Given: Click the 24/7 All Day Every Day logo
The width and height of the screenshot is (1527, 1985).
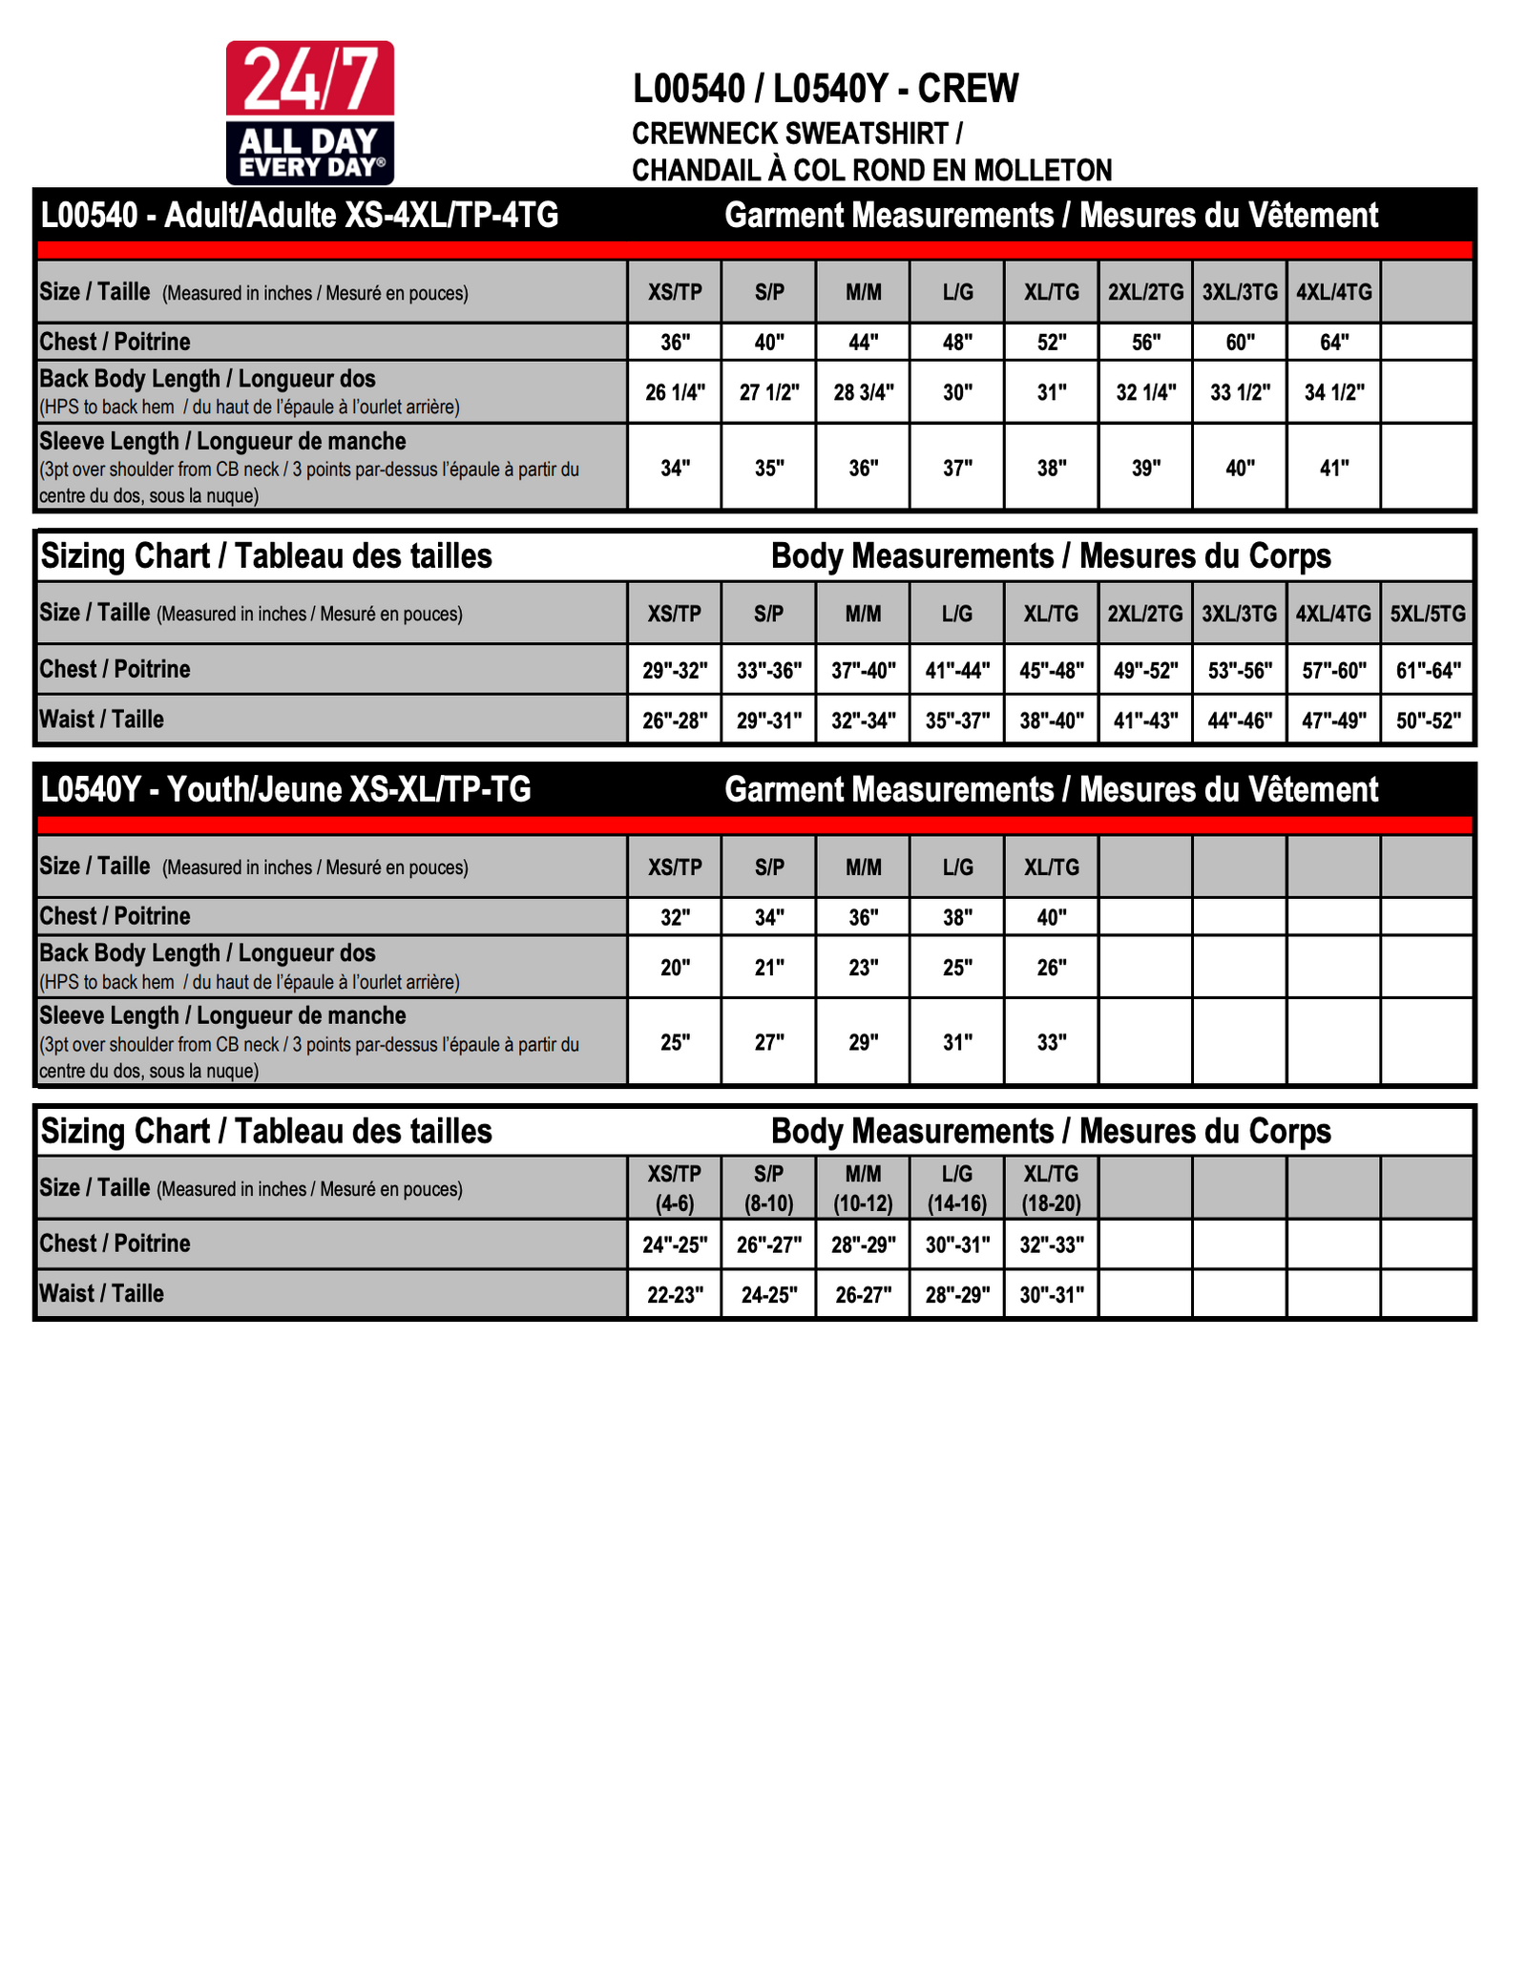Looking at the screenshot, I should pyautogui.click(x=309, y=113).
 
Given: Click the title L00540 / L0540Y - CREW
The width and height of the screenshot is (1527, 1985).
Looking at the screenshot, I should pyautogui.click(x=826, y=89).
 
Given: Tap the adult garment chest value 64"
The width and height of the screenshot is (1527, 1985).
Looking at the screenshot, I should pyautogui.click(x=1333, y=342).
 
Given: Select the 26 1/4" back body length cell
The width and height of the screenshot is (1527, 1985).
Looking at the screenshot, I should pyautogui.click(x=675, y=392).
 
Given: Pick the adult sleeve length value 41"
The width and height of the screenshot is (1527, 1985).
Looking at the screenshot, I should pyautogui.click(x=1333, y=468).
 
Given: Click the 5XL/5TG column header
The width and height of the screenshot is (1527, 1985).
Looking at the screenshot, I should pyautogui.click(x=1427, y=614).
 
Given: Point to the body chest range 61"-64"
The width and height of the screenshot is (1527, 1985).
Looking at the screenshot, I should pyautogui.click(x=1428, y=670).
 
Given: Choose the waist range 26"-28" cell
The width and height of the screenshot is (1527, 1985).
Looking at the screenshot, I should pyautogui.click(x=675, y=721).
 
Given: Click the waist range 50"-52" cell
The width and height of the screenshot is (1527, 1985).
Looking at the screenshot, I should pyautogui.click(x=1428, y=721).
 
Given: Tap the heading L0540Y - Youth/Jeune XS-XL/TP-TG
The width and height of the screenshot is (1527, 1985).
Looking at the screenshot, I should pyautogui.click(x=285, y=789).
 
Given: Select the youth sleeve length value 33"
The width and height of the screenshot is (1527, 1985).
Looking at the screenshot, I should pyautogui.click(x=1052, y=1042).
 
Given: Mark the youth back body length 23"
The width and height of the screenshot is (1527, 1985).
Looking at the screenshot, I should pyautogui.click(x=863, y=968).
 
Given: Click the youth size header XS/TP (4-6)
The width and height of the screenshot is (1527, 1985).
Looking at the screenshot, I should pyautogui.click(x=675, y=1188).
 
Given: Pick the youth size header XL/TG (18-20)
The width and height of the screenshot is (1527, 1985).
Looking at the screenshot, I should pyautogui.click(x=1052, y=1188).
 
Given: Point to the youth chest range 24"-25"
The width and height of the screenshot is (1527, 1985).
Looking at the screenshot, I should pyautogui.click(x=675, y=1244).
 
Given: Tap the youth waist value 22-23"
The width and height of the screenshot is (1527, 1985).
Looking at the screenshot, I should pyautogui.click(x=675, y=1295).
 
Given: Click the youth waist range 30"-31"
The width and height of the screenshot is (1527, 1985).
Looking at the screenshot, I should pyautogui.click(x=1052, y=1295).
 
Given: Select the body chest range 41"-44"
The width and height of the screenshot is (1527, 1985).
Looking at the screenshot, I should pyautogui.click(x=957, y=670).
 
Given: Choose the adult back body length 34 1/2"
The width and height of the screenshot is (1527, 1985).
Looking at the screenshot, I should pyautogui.click(x=1333, y=392).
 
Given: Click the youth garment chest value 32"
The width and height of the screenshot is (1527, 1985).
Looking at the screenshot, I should pyautogui.click(x=675, y=917).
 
